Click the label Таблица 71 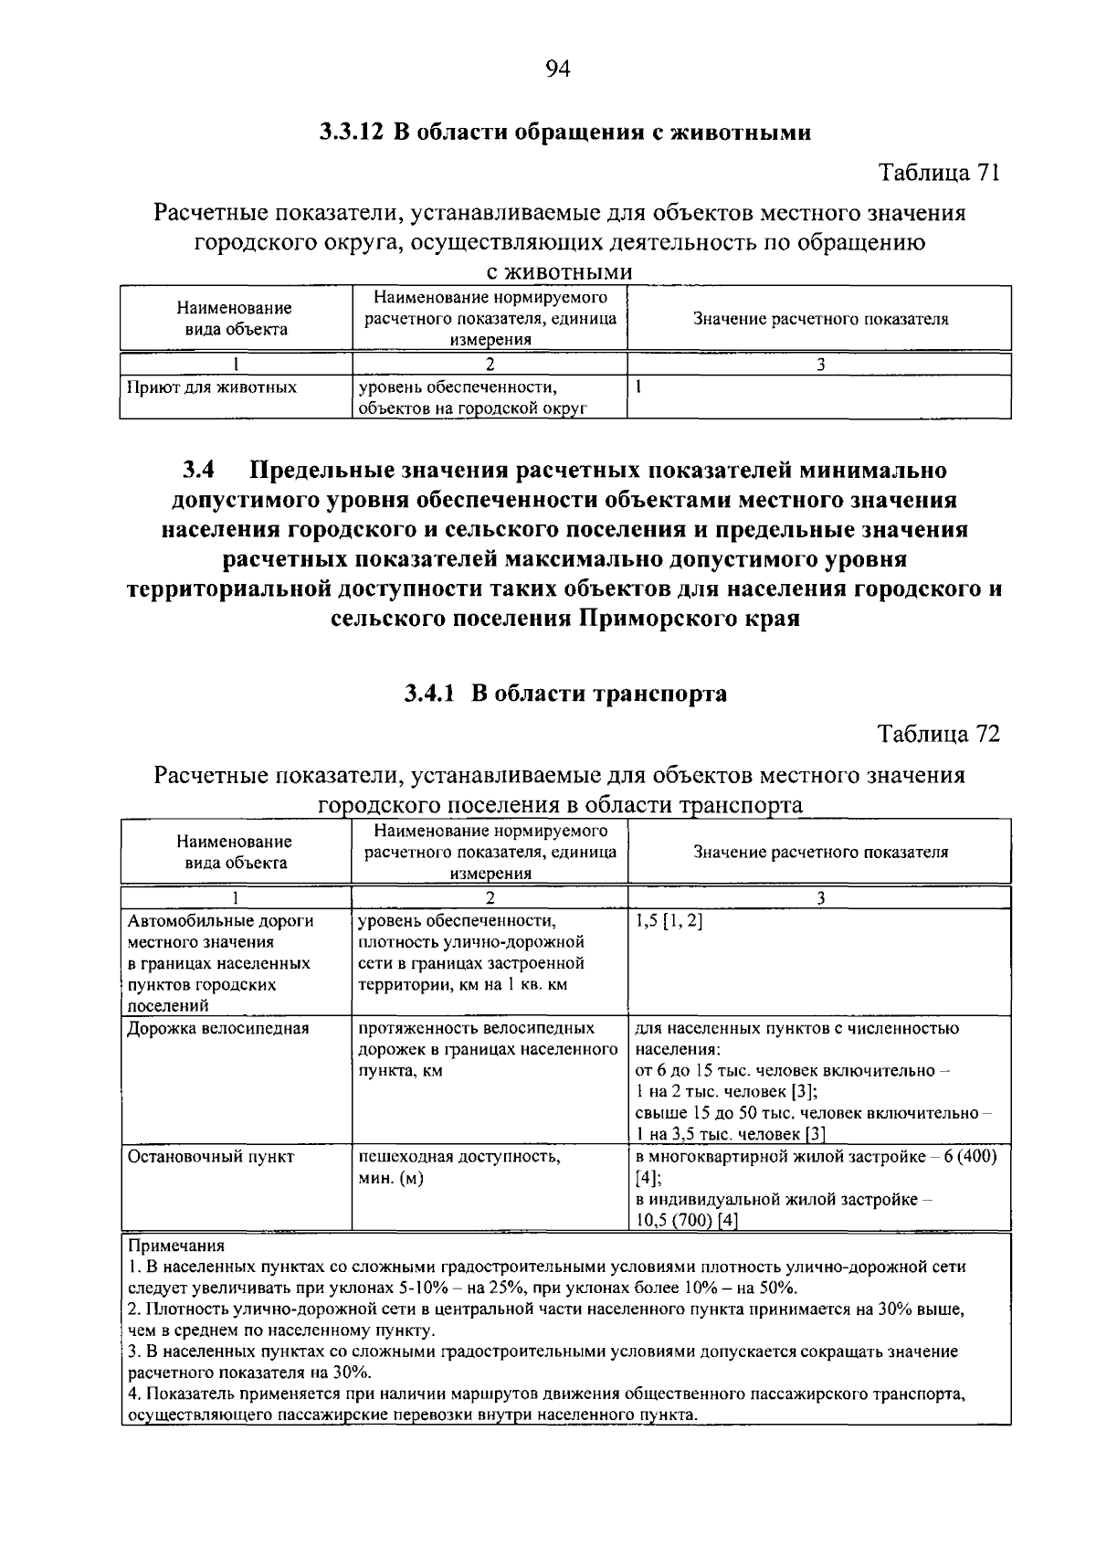pyautogui.click(x=939, y=173)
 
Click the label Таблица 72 pyautogui.click(x=939, y=734)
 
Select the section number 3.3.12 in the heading pyautogui.click(x=353, y=133)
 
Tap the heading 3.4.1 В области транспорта pyautogui.click(x=565, y=694)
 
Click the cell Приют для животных pyautogui.click(x=212, y=387)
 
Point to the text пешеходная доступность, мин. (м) pyautogui.click(x=459, y=1167)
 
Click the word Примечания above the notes pyautogui.click(x=175, y=1246)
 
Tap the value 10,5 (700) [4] pyautogui.click(x=686, y=1222)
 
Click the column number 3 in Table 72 pyautogui.click(x=819, y=898)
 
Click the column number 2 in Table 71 pyautogui.click(x=490, y=365)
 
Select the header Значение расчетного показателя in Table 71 pyautogui.click(x=819, y=319)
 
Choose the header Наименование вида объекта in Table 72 pyautogui.click(x=235, y=852)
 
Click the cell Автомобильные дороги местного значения pyautogui.click(x=220, y=930)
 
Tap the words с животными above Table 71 pyautogui.click(x=557, y=272)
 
